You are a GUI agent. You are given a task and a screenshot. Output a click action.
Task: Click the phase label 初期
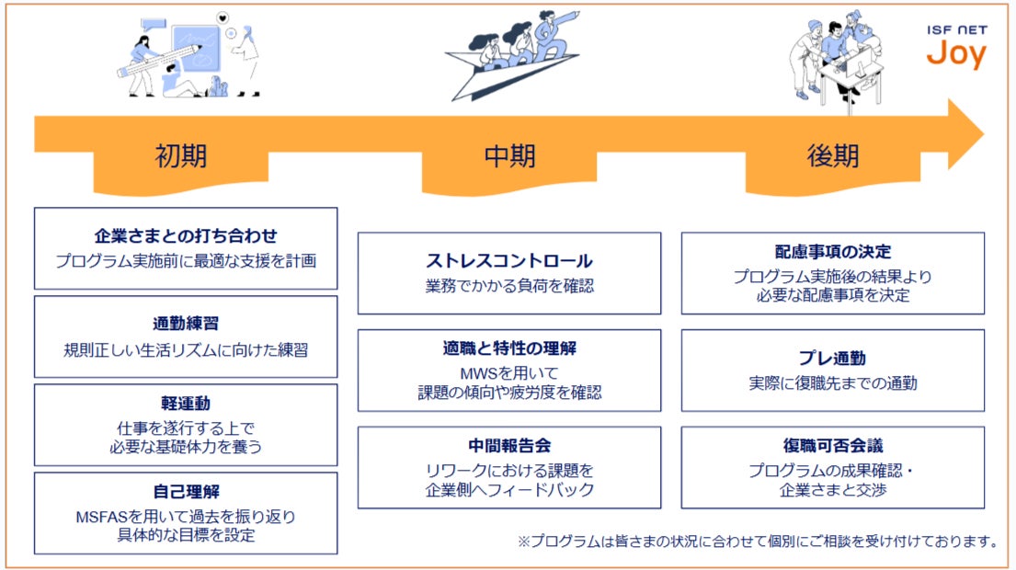181,155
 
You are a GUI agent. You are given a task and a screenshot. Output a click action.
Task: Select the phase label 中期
508,155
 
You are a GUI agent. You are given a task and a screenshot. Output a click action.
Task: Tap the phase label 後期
832,155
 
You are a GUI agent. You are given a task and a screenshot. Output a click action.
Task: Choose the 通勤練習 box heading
186,324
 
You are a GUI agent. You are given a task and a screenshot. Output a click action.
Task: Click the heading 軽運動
186,404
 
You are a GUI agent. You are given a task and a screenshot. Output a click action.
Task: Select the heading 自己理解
186,492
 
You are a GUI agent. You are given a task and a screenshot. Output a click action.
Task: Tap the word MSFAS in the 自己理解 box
101,517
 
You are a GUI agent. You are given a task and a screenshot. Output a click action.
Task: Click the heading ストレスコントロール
508,261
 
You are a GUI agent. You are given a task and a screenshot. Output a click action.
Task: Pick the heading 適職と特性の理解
508,348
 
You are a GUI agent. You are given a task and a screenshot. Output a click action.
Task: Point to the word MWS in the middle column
478,374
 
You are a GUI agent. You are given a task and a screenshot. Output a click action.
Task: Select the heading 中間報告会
508,446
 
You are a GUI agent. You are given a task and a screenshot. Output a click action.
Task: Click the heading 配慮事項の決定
832,252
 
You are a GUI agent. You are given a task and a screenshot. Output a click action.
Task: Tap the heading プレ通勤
832,358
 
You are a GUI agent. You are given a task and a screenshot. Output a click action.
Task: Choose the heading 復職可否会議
832,446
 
